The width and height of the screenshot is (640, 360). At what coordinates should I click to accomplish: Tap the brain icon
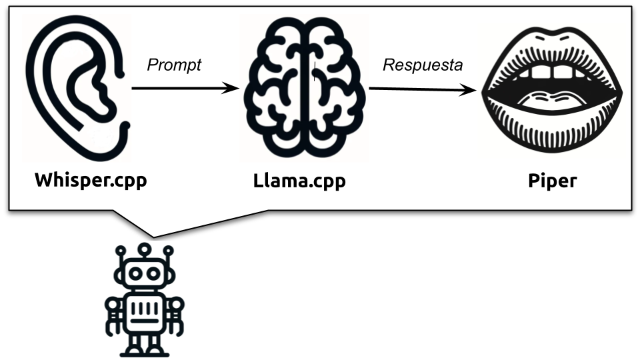click(305, 87)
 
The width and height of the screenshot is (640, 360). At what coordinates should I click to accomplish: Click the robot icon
click(144, 300)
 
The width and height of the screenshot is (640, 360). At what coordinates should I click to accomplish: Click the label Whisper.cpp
click(91, 180)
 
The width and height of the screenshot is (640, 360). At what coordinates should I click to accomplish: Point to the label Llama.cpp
click(299, 181)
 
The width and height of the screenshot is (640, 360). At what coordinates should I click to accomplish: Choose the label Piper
click(552, 181)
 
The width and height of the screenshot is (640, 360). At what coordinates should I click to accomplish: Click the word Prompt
click(173, 65)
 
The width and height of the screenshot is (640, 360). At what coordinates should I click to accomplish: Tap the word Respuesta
click(423, 65)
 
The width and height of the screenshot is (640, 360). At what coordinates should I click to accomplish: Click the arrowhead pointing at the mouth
click(475, 90)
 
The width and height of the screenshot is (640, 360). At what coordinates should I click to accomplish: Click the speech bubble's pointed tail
click(153, 230)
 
